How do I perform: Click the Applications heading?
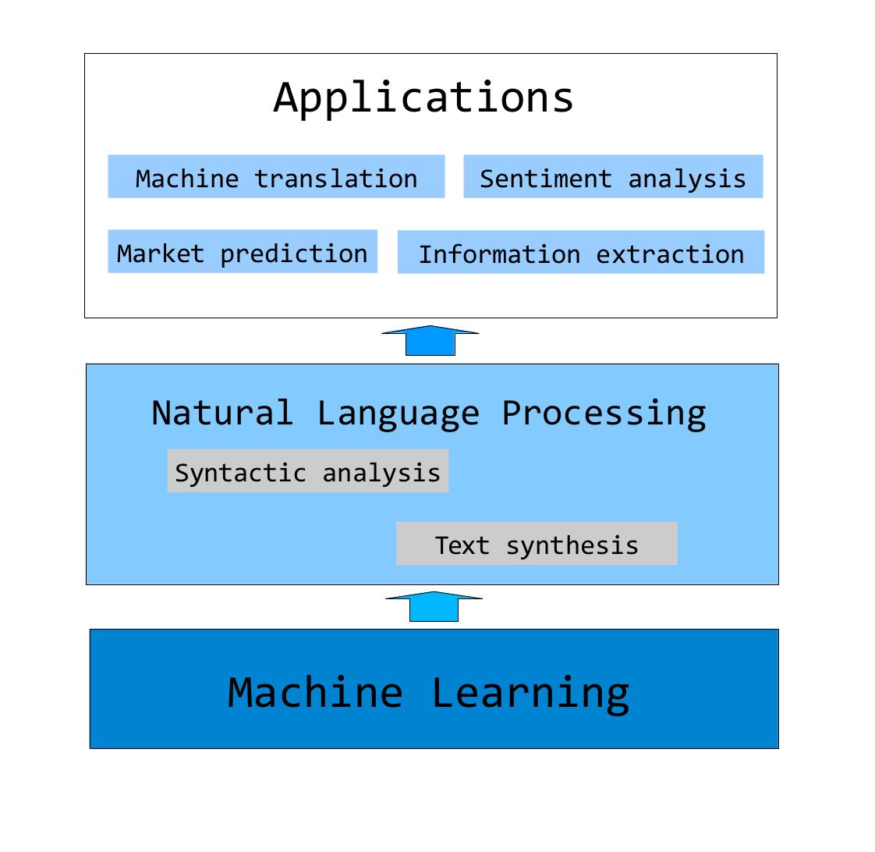click(423, 98)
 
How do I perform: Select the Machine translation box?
click(276, 176)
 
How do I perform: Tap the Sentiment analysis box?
click(613, 176)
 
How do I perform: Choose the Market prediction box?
click(243, 251)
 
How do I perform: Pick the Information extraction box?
click(581, 252)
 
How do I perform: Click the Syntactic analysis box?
click(308, 470)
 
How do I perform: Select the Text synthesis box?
click(537, 543)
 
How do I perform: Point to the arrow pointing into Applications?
click(430, 341)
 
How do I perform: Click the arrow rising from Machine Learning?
click(434, 606)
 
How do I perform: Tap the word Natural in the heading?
click(222, 414)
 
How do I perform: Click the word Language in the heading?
click(398, 415)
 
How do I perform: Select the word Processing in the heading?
click(604, 415)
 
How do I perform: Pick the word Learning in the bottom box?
click(530, 694)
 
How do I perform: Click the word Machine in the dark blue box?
click(315, 692)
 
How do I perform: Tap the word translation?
click(336, 179)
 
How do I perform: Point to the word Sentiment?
click(546, 179)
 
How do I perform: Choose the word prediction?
click(294, 254)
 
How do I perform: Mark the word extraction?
click(670, 254)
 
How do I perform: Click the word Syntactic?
click(240, 474)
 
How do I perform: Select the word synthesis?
click(572, 546)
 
